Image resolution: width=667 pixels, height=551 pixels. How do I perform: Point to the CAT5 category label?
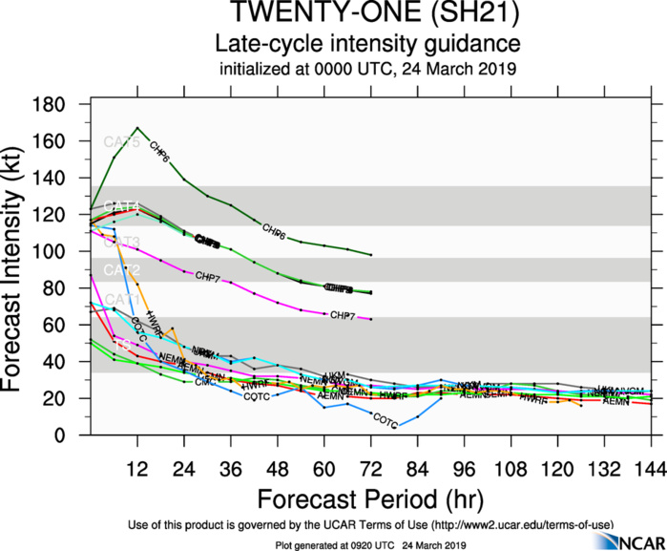click(x=121, y=143)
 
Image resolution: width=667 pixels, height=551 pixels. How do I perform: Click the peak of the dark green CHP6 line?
click(x=137, y=127)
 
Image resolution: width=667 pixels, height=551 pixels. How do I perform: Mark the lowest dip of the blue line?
click(x=399, y=425)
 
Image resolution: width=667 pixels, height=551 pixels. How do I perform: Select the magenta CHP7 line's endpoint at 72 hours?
click(x=370, y=319)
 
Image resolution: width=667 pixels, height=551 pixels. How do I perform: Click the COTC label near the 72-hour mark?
click(x=385, y=419)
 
